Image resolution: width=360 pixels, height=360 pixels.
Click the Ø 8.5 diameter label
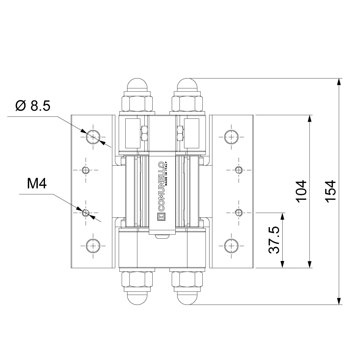(33, 105)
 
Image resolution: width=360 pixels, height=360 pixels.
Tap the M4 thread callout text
(37, 184)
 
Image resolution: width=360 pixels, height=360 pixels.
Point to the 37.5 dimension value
(274, 240)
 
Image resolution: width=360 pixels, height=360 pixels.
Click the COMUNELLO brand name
(161, 186)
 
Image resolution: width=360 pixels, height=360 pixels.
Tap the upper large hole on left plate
(93, 137)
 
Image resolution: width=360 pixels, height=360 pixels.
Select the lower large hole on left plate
(93, 246)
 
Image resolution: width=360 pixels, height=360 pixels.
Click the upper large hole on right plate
(231, 137)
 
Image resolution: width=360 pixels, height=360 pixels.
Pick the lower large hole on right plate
(231, 246)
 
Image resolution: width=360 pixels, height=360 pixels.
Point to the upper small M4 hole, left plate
(86, 170)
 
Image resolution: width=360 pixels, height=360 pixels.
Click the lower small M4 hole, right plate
(239, 213)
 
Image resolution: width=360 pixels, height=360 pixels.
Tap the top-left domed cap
(138, 85)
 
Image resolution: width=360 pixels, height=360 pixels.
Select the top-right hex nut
(187, 104)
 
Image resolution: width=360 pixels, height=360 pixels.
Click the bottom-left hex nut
(137, 279)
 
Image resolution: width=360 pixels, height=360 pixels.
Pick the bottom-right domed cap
(187, 298)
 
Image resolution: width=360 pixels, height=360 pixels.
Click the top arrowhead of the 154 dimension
(339, 82)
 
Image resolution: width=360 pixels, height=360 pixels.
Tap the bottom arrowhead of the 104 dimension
(310, 264)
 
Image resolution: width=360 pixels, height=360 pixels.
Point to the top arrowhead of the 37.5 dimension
(282, 216)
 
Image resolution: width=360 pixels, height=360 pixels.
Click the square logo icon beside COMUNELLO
(161, 216)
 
